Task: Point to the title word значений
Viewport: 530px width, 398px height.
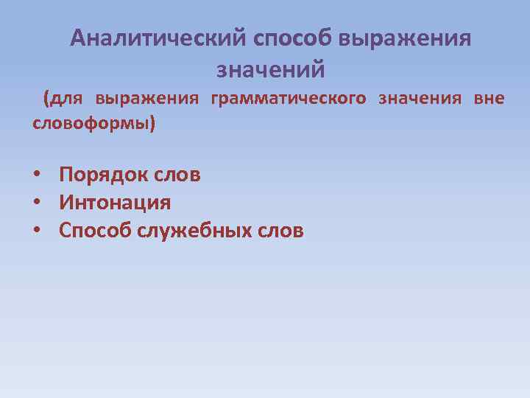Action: (271, 70)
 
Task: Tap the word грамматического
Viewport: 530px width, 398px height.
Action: (288, 99)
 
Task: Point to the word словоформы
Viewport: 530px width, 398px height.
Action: (91, 122)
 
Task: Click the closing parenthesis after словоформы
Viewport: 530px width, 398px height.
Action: (152, 123)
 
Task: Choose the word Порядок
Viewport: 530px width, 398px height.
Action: (103, 175)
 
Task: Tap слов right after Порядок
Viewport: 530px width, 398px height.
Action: (176, 175)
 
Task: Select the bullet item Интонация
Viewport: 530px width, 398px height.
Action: (115, 203)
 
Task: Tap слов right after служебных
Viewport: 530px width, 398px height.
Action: (279, 231)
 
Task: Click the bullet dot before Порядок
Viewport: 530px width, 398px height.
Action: (36, 175)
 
